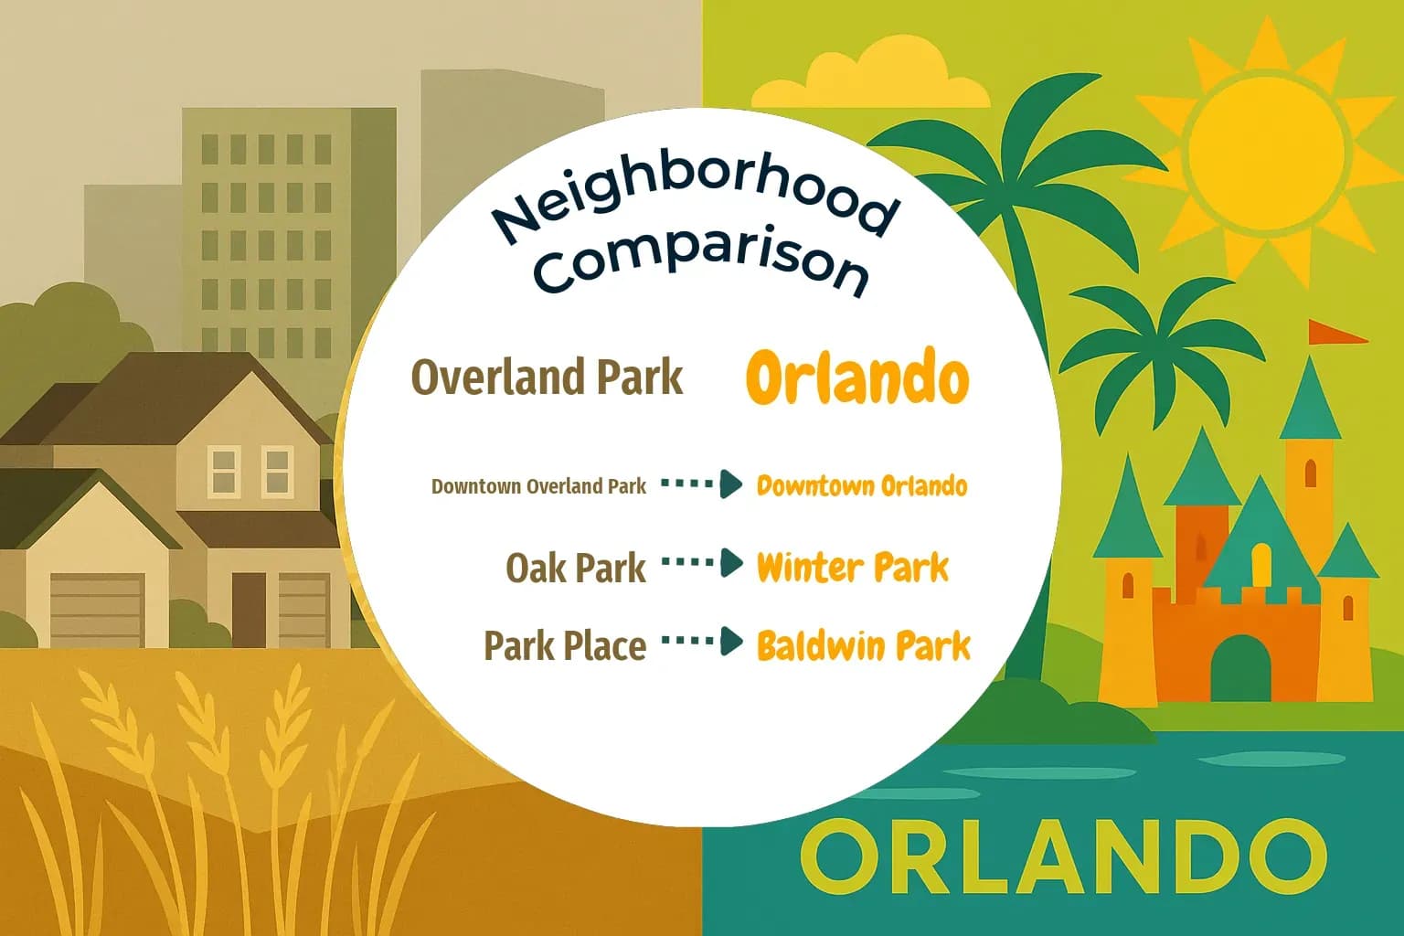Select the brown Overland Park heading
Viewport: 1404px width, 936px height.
tap(547, 377)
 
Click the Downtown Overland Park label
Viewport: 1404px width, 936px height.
tap(538, 486)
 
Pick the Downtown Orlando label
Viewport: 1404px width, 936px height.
tap(861, 485)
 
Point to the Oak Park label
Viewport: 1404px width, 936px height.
tap(576, 569)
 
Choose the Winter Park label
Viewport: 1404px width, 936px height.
tap(852, 568)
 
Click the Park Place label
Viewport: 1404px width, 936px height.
tap(565, 646)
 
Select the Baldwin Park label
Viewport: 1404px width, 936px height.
tap(863, 646)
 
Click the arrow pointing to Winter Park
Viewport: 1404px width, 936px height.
tap(702, 564)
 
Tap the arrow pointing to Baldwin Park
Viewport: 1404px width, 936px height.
tap(702, 642)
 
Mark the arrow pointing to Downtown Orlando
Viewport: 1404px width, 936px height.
tap(702, 484)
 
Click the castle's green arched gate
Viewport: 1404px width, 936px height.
tap(1240, 668)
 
